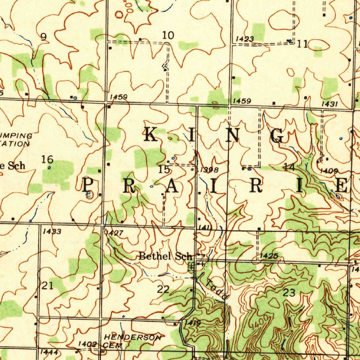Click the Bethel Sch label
[166, 256]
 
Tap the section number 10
[168, 35]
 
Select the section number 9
[44, 37]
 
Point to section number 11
[302, 44]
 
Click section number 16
[47, 160]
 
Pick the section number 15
[164, 170]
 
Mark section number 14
[289, 167]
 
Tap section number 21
[47, 286]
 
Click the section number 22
[163, 290]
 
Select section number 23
[289, 292]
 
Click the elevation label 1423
[245, 39]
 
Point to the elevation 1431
[329, 104]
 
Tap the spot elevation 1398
[210, 171]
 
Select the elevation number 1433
[52, 231]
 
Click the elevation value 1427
[114, 233]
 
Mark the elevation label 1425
[269, 256]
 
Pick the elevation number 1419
[193, 323]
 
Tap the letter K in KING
[151, 135]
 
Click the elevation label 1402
[87, 344]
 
